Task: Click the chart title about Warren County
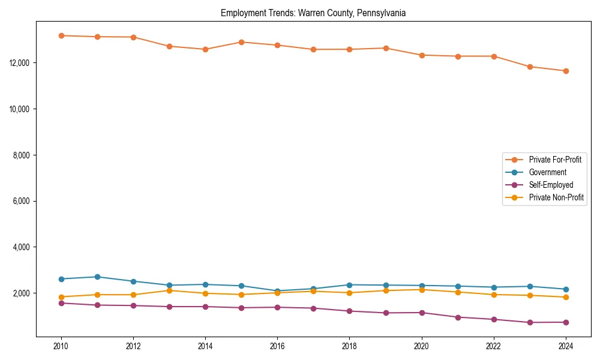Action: [313, 13]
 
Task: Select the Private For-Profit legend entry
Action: [554, 160]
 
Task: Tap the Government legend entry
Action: [547, 172]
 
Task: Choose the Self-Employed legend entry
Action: [551, 185]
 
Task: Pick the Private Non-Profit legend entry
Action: [556, 197]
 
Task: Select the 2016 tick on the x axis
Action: [277, 346]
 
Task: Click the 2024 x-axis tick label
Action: [566, 346]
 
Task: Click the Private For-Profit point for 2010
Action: [61, 35]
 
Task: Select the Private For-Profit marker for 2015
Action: [241, 42]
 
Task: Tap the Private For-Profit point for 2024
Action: [566, 71]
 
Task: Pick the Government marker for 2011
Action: [97, 277]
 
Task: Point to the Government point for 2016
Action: [277, 291]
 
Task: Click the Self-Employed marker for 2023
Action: [530, 323]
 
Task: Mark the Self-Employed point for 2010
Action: [61, 303]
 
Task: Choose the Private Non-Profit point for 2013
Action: [169, 290]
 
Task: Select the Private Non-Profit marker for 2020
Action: [422, 290]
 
